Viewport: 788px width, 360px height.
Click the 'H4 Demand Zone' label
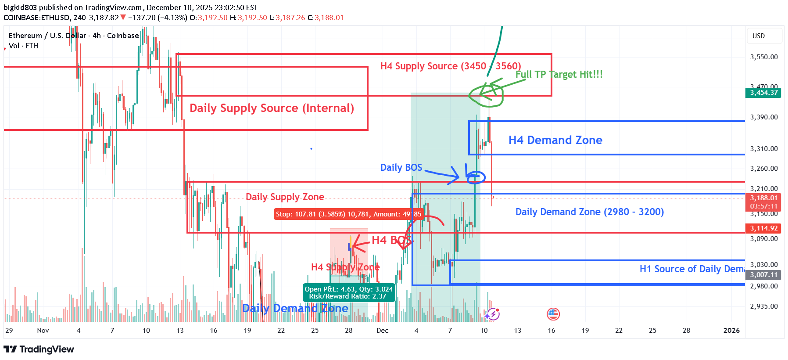555,140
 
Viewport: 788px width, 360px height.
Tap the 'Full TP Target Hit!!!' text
559,74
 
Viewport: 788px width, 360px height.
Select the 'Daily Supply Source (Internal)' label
272,108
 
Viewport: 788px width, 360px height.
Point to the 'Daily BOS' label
401,167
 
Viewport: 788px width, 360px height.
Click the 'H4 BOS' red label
391,240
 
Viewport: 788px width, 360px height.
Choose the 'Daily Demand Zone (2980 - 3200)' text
589,212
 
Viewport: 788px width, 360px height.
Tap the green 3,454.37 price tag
763,93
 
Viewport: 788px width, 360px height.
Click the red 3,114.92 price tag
763,228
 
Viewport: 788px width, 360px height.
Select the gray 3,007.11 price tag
763,275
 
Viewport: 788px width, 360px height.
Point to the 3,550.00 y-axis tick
764,57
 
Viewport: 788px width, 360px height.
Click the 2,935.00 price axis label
764,306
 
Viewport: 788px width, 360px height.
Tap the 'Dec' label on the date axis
382,331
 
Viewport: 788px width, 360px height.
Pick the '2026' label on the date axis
731,331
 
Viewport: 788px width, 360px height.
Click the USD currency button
759,36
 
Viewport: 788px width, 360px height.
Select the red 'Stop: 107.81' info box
348,214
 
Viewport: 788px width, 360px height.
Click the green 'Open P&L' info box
349,292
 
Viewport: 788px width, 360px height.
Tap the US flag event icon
553,314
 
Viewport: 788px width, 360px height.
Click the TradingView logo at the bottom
39,349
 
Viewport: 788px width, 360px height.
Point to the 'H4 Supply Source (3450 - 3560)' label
451,66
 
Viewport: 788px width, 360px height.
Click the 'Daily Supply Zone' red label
285,197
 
